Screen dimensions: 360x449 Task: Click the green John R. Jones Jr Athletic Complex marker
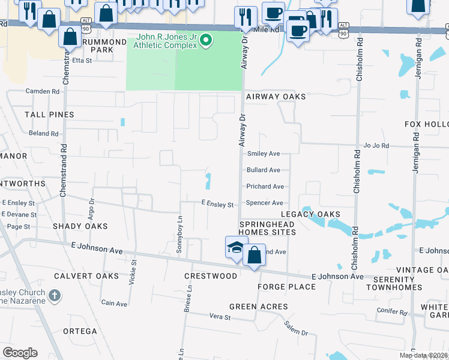[206, 41]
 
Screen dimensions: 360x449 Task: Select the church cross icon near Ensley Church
[55, 296]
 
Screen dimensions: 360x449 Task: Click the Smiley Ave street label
[264, 154]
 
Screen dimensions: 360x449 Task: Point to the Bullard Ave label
[264, 170]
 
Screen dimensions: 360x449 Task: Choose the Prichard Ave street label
[265, 187]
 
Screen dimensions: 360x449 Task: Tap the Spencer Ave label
[265, 203]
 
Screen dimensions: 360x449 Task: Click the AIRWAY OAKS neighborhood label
[276, 97]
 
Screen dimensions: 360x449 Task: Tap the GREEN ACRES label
[259, 307]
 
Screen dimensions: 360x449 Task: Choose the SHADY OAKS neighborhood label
[80, 226]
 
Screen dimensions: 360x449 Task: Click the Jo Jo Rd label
[376, 146]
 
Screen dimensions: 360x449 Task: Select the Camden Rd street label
[43, 92]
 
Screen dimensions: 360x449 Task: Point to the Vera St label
[220, 316]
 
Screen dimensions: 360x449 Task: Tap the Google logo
[20, 353]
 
